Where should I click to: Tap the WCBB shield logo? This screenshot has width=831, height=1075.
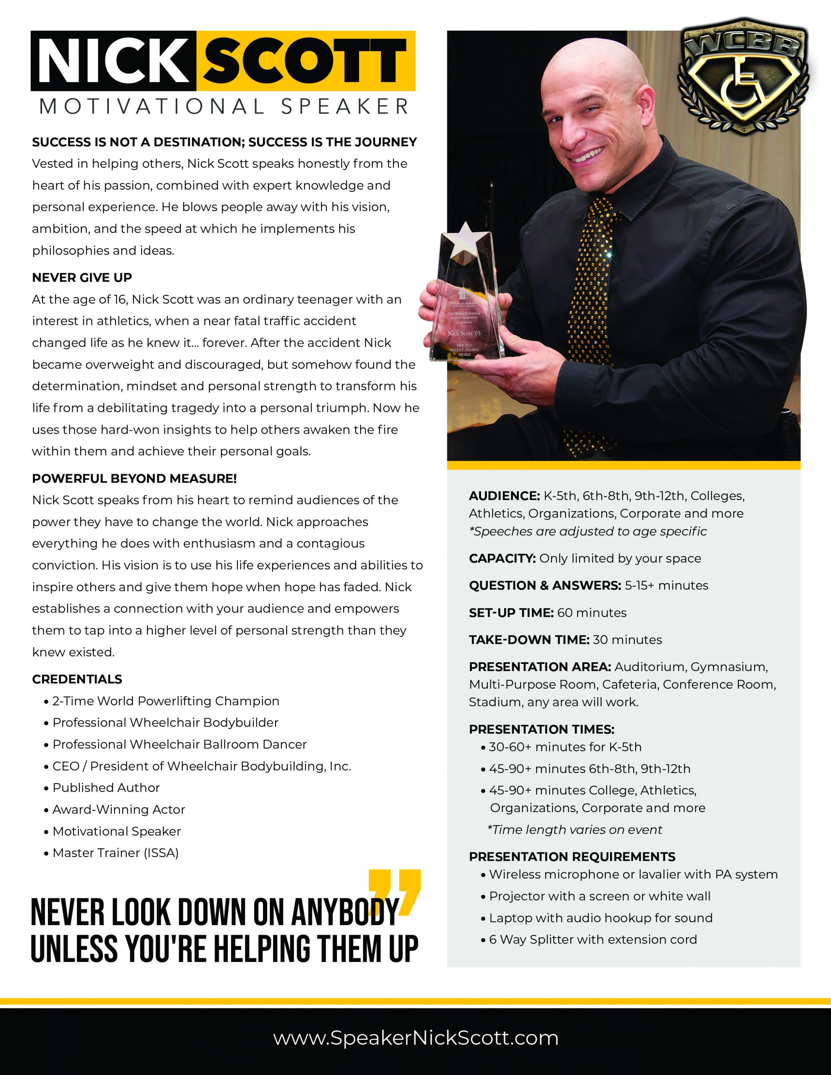point(744,79)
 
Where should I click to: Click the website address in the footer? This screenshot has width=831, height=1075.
point(415,1038)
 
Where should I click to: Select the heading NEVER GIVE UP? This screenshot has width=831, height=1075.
point(82,278)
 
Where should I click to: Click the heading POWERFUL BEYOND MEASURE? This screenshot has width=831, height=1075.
point(134,478)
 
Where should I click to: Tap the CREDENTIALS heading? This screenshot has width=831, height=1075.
point(77,679)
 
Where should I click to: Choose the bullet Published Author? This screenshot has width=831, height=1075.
point(106,787)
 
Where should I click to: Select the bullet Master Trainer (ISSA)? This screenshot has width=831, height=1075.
point(115,852)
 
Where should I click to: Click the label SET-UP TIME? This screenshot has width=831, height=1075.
point(511,613)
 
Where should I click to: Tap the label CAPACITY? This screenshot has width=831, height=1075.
point(502,558)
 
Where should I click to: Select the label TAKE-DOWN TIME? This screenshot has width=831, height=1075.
point(529,640)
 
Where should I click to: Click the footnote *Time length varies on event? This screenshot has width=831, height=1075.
point(574,830)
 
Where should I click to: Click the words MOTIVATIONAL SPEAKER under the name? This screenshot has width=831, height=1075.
point(224,107)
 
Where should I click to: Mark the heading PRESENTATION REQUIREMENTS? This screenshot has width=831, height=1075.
point(572,857)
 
